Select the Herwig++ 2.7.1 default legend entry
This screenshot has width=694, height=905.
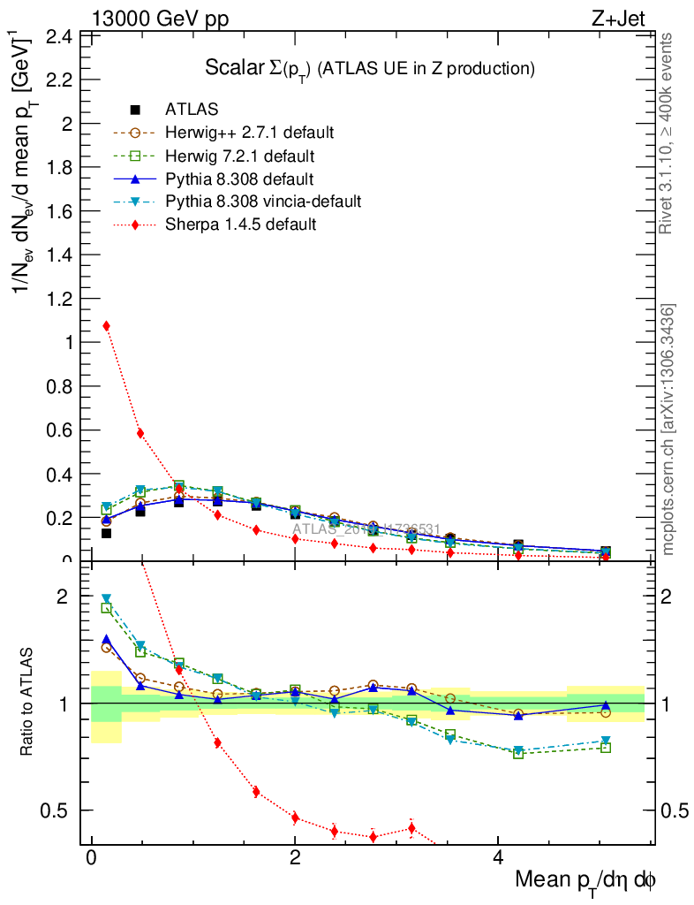[249, 133]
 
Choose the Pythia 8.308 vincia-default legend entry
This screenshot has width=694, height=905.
[263, 202]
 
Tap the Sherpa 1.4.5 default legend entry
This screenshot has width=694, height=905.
[240, 224]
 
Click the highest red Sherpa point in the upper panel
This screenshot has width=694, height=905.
[106, 325]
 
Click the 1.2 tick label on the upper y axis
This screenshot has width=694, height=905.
[58, 299]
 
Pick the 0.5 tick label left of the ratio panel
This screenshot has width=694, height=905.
[58, 810]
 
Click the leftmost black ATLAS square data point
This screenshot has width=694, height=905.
[106, 533]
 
